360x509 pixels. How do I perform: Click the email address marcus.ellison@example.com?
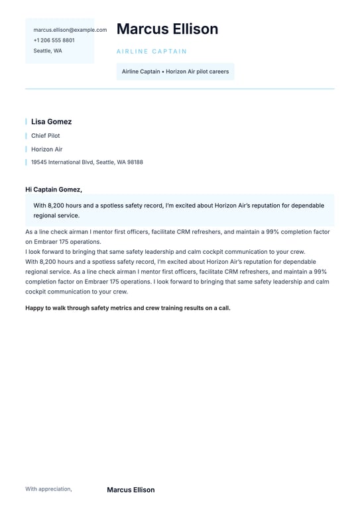[x=70, y=30]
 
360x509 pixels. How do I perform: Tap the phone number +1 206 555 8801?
[x=54, y=40]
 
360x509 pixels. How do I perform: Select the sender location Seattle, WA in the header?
[x=48, y=51]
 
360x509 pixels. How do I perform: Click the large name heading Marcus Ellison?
[x=167, y=29]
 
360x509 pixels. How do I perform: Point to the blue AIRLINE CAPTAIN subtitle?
[x=152, y=52]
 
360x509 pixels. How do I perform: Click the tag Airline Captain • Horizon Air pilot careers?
[x=175, y=72]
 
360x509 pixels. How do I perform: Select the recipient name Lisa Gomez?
[x=51, y=122]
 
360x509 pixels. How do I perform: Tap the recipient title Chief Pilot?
[x=45, y=136]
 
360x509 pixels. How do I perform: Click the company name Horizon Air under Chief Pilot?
[x=46, y=149]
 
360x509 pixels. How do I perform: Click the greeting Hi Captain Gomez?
[x=54, y=190]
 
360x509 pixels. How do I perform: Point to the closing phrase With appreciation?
[x=48, y=489]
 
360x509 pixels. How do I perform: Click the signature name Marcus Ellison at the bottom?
[x=131, y=490]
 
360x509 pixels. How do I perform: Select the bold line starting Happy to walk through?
[x=128, y=308]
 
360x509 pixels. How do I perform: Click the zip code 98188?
[x=135, y=162]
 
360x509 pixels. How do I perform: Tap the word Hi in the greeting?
[x=29, y=190]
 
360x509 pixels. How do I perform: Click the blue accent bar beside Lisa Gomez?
[x=26, y=122]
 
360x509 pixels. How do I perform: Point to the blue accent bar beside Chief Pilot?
[x=26, y=136]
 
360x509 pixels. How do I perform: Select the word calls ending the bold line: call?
[x=224, y=308]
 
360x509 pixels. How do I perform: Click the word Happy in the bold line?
[x=34, y=308]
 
